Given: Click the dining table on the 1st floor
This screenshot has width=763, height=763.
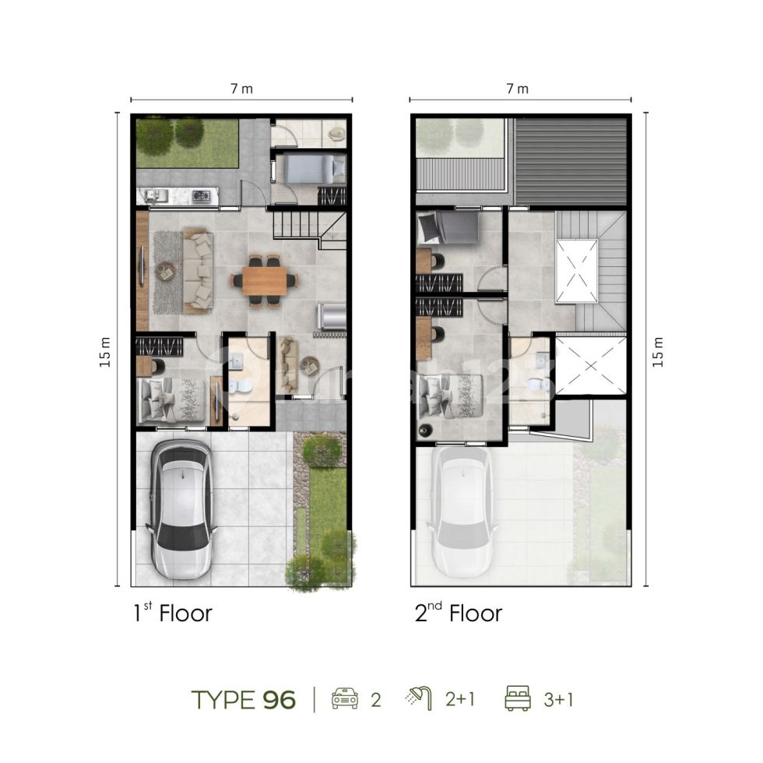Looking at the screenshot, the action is (264, 281).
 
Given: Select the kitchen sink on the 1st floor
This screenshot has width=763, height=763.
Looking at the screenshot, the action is (155, 196).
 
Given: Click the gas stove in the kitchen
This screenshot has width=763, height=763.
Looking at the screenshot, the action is (200, 196).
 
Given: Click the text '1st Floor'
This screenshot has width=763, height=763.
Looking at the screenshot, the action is (173, 614).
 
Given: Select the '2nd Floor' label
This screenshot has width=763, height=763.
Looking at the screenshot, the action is (458, 614).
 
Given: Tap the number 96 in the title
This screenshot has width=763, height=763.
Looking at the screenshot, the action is (279, 700).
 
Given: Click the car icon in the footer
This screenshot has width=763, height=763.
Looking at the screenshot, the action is (344, 698).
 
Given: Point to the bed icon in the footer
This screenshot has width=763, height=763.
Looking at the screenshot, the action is (518, 698).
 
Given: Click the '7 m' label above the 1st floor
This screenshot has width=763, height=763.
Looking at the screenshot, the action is (241, 89).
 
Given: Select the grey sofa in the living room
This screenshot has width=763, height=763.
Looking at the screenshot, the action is (198, 273).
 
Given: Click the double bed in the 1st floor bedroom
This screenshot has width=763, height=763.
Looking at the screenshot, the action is (172, 400).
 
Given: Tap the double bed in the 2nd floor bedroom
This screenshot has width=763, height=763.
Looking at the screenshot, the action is (451, 396).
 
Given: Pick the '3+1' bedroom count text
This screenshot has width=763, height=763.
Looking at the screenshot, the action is (559, 700).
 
